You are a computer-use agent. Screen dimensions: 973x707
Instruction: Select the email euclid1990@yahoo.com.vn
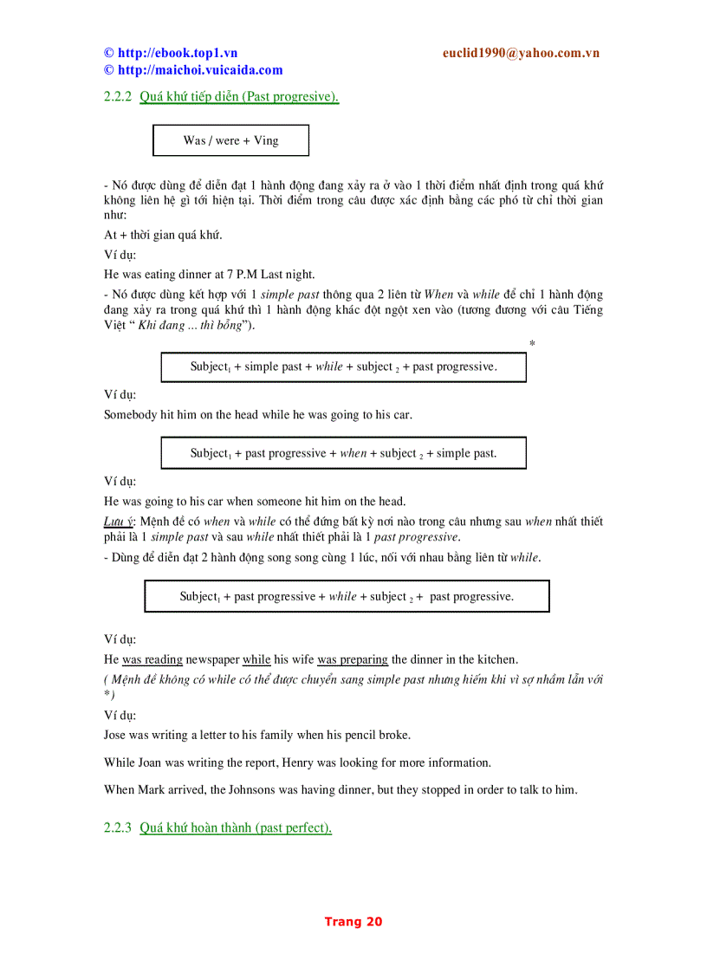[521, 53]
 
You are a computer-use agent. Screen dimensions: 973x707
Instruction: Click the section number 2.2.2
[117, 96]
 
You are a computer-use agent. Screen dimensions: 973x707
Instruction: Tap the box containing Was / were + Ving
[230, 140]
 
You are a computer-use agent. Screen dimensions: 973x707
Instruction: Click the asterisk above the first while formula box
[532, 344]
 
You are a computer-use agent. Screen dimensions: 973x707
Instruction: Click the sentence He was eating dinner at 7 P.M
[209, 274]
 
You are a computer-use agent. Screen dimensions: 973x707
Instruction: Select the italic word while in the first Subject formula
[329, 366]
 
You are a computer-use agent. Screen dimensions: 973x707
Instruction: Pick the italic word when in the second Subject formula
[353, 453]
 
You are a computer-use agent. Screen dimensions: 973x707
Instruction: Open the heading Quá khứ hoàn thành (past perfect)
[236, 827]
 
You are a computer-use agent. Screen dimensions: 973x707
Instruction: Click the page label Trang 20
[353, 922]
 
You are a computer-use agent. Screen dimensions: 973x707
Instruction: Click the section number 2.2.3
[117, 827]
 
